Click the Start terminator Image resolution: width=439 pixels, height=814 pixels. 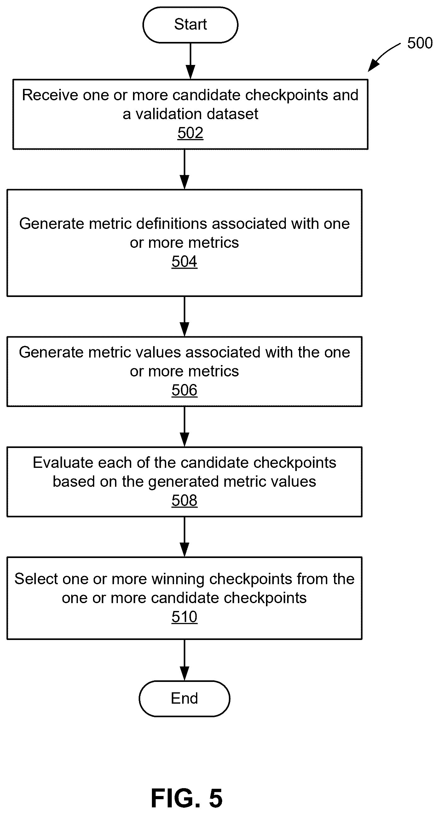(x=190, y=25)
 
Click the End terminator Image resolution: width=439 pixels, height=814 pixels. (x=184, y=698)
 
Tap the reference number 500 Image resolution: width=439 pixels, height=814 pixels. (x=420, y=43)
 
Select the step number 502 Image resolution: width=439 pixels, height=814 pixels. (x=190, y=133)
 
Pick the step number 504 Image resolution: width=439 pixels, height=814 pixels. (x=184, y=262)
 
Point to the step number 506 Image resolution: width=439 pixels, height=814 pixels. (x=184, y=390)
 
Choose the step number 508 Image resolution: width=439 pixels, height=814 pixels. (x=184, y=501)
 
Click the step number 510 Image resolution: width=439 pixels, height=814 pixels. (x=184, y=617)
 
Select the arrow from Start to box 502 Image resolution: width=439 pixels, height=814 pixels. (x=190, y=61)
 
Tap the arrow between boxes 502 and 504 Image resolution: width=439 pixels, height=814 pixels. (x=184, y=169)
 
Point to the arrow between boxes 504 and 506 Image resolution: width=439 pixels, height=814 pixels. (x=184, y=317)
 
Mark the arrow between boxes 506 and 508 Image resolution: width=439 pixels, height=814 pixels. (x=184, y=427)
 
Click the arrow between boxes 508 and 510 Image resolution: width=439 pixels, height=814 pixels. (x=184, y=537)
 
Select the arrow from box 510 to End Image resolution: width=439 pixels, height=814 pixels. (x=184, y=660)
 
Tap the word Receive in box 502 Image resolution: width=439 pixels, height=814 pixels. (x=50, y=95)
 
